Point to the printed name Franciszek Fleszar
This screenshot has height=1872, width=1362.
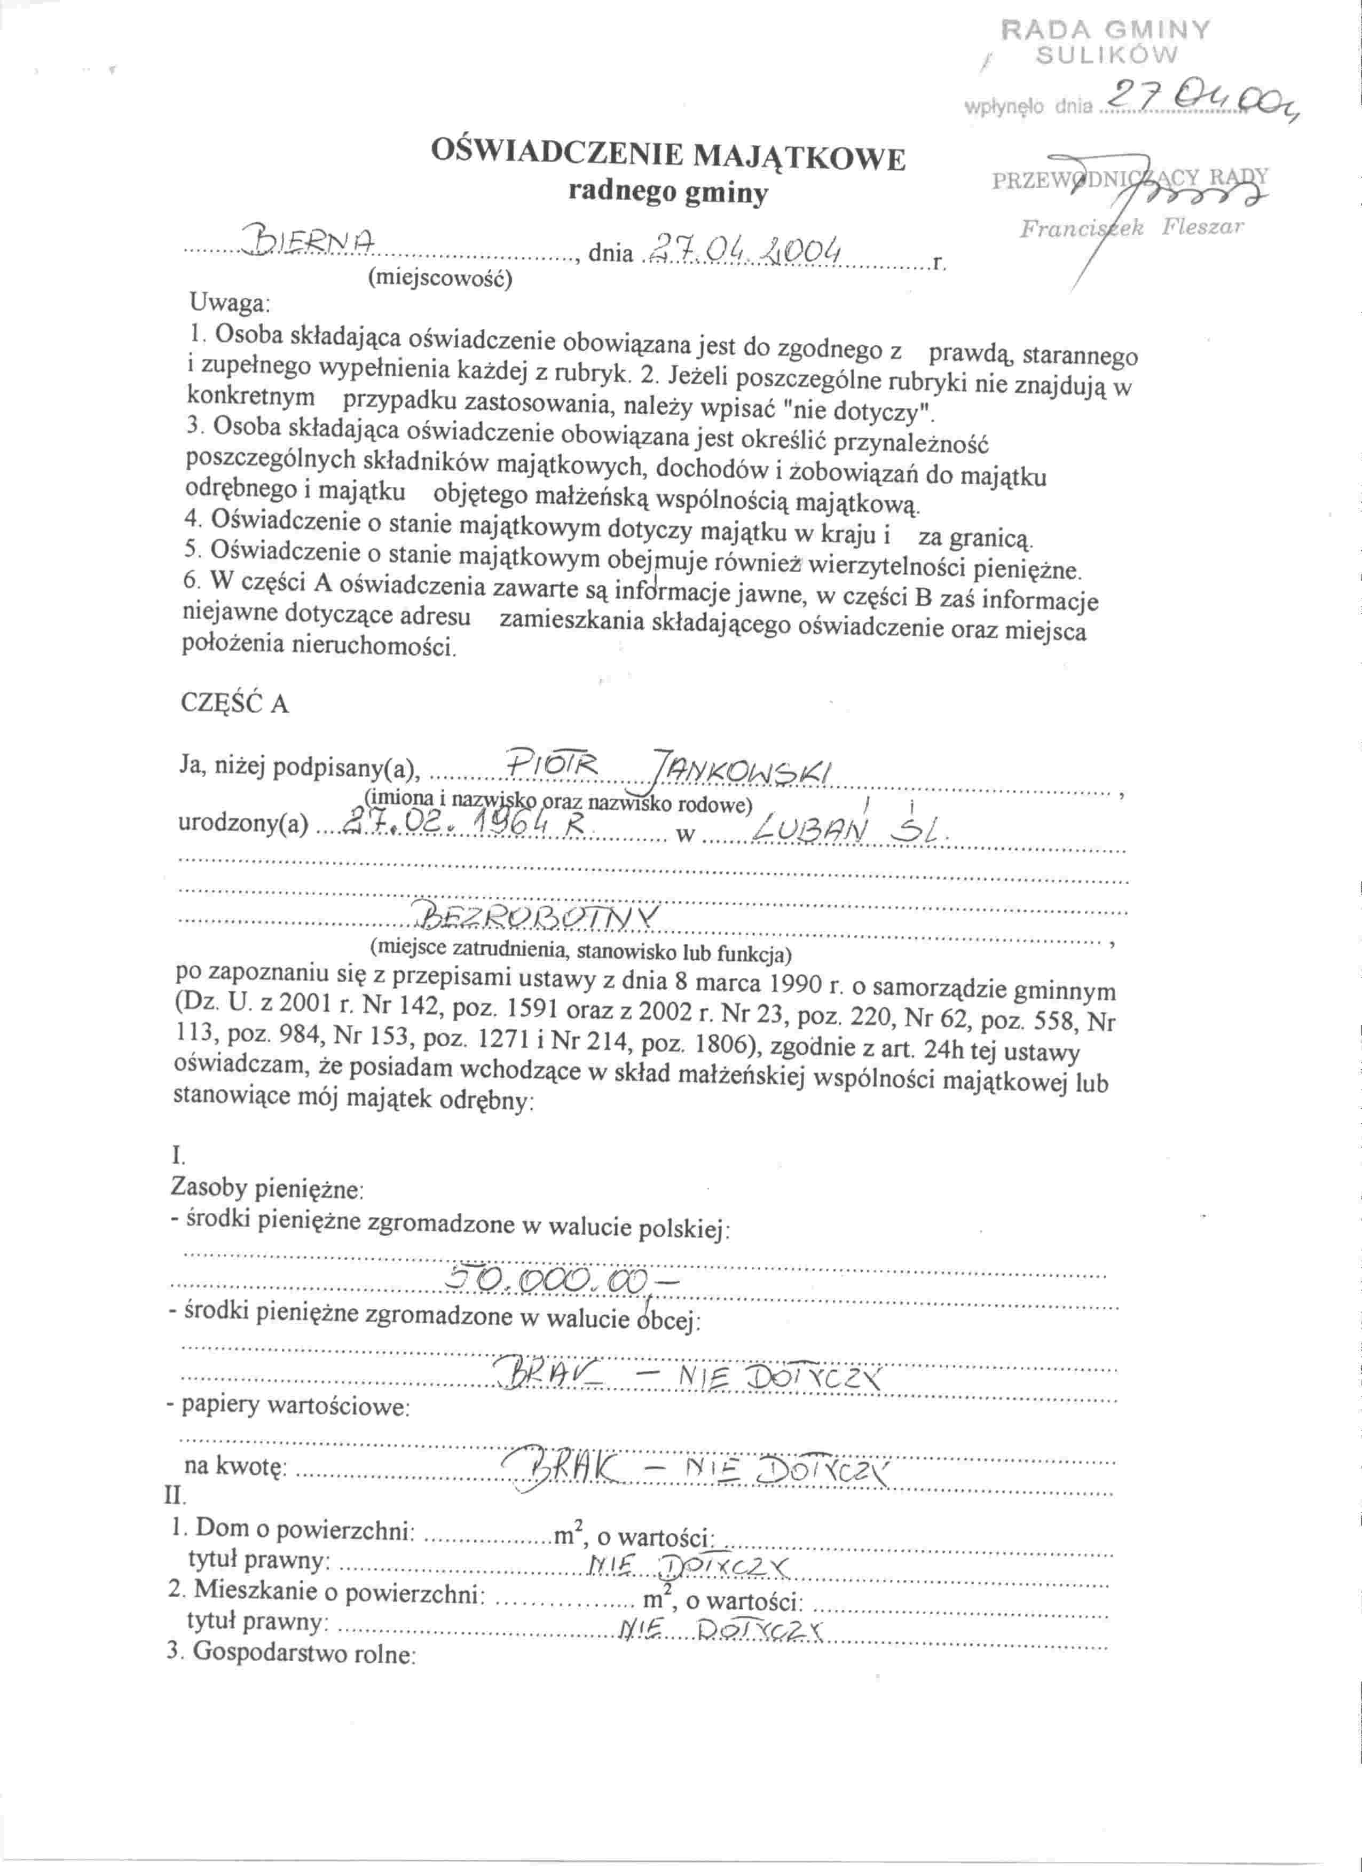click(1131, 228)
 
